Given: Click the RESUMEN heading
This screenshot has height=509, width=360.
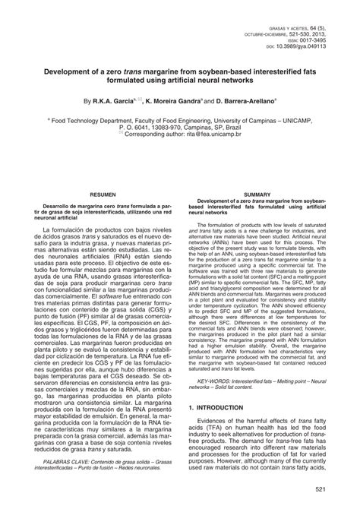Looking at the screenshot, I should pyautogui.click(x=103, y=195).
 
